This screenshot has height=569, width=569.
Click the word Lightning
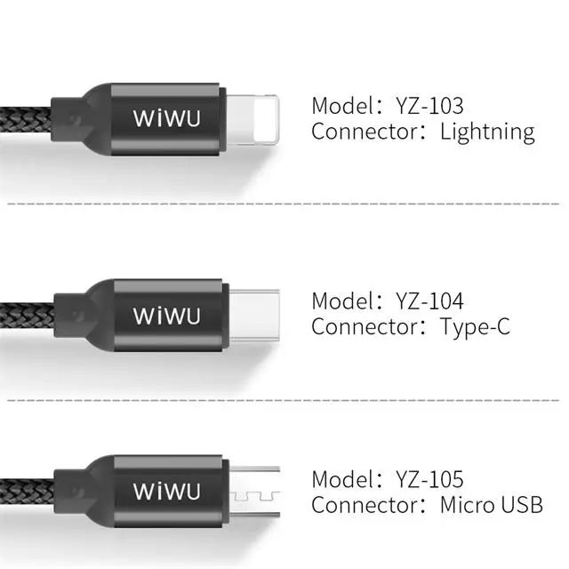coord(487,133)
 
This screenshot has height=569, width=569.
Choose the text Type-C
coord(476,327)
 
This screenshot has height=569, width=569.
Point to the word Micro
coord(470,507)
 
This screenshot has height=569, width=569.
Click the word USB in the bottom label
coord(524,507)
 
